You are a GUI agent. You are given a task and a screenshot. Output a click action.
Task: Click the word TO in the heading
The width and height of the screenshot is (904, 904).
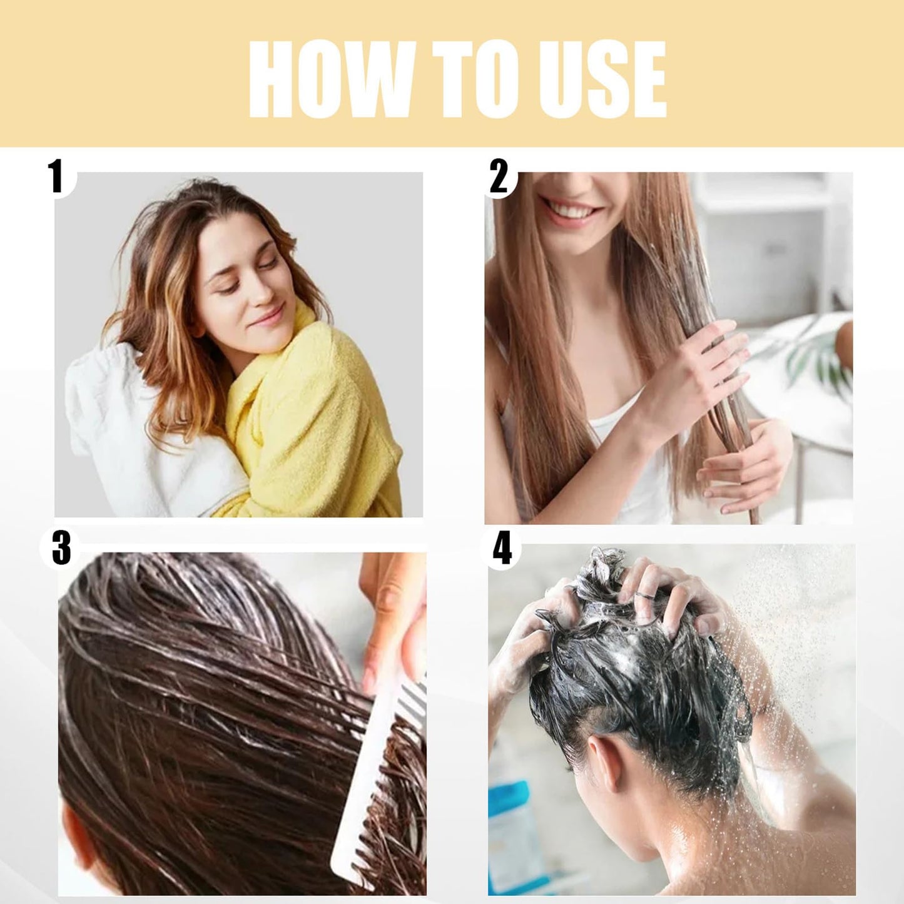[x=474, y=79]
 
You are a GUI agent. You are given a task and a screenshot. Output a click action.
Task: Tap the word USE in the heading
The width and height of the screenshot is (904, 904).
[x=602, y=79]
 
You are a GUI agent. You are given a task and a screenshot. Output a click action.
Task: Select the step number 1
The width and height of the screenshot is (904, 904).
[x=57, y=177]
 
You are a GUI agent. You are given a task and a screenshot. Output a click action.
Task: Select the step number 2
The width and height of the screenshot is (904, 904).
[x=498, y=177]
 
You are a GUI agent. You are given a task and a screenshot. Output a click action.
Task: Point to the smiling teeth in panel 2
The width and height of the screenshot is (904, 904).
[x=567, y=211]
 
